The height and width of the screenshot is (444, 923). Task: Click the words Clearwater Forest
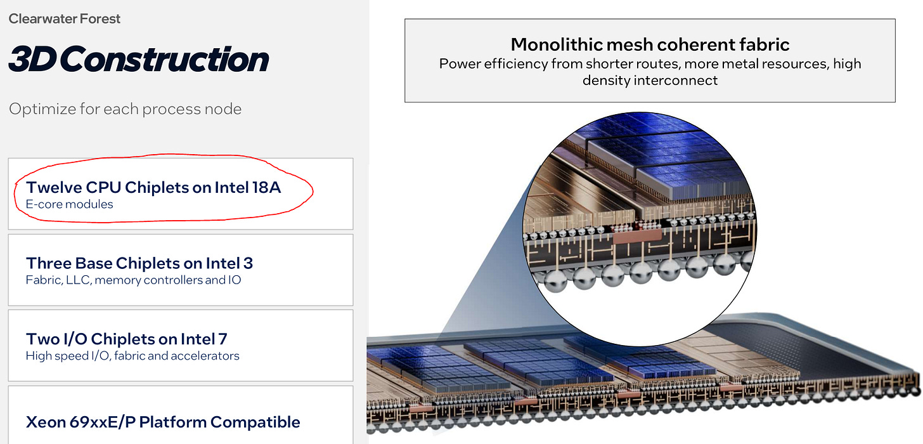pyautogui.click(x=65, y=18)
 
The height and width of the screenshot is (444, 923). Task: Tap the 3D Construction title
pyautogui.click(x=139, y=59)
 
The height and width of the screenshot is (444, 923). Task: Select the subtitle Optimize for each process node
pyautogui.click(x=125, y=109)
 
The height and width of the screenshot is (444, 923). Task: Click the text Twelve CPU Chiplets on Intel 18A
pyautogui.click(x=153, y=187)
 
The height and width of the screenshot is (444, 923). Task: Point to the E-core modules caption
pyautogui.click(x=69, y=204)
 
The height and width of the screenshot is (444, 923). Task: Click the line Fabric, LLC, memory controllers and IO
pyautogui.click(x=133, y=280)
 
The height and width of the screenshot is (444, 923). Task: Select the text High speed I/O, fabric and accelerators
pyautogui.click(x=132, y=356)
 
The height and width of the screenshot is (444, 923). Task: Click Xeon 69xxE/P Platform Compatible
pyautogui.click(x=163, y=422)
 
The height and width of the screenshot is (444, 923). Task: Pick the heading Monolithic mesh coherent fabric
pyautogui.click(x=650, y=44)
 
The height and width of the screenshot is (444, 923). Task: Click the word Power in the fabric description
pyautogui.click(x=458, y=64)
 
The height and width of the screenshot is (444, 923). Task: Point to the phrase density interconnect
pyautogui.click(x=650, y=81)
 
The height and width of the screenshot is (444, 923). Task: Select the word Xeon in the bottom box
pyautogui.click(x=45, y=422)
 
